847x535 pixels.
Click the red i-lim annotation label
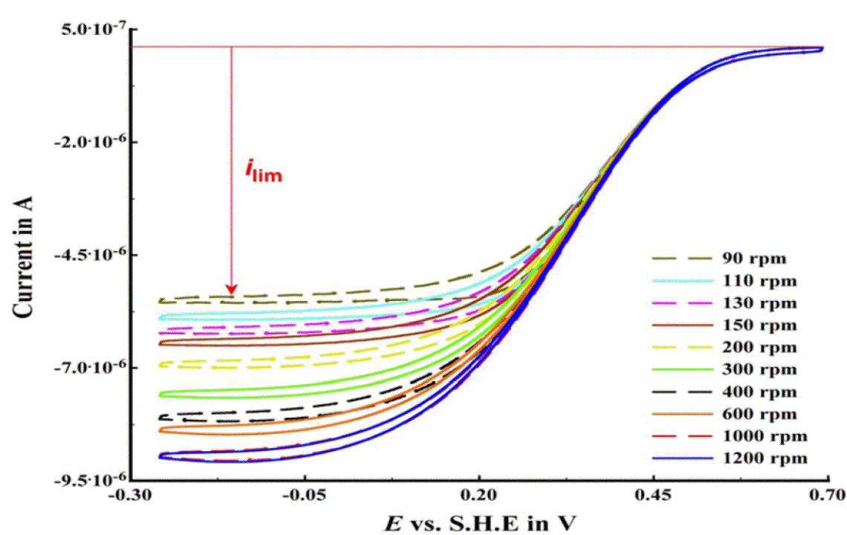tap(264, 173)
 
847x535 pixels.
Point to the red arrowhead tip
tap(232, 293)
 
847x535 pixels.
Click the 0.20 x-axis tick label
tap(479, 494)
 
